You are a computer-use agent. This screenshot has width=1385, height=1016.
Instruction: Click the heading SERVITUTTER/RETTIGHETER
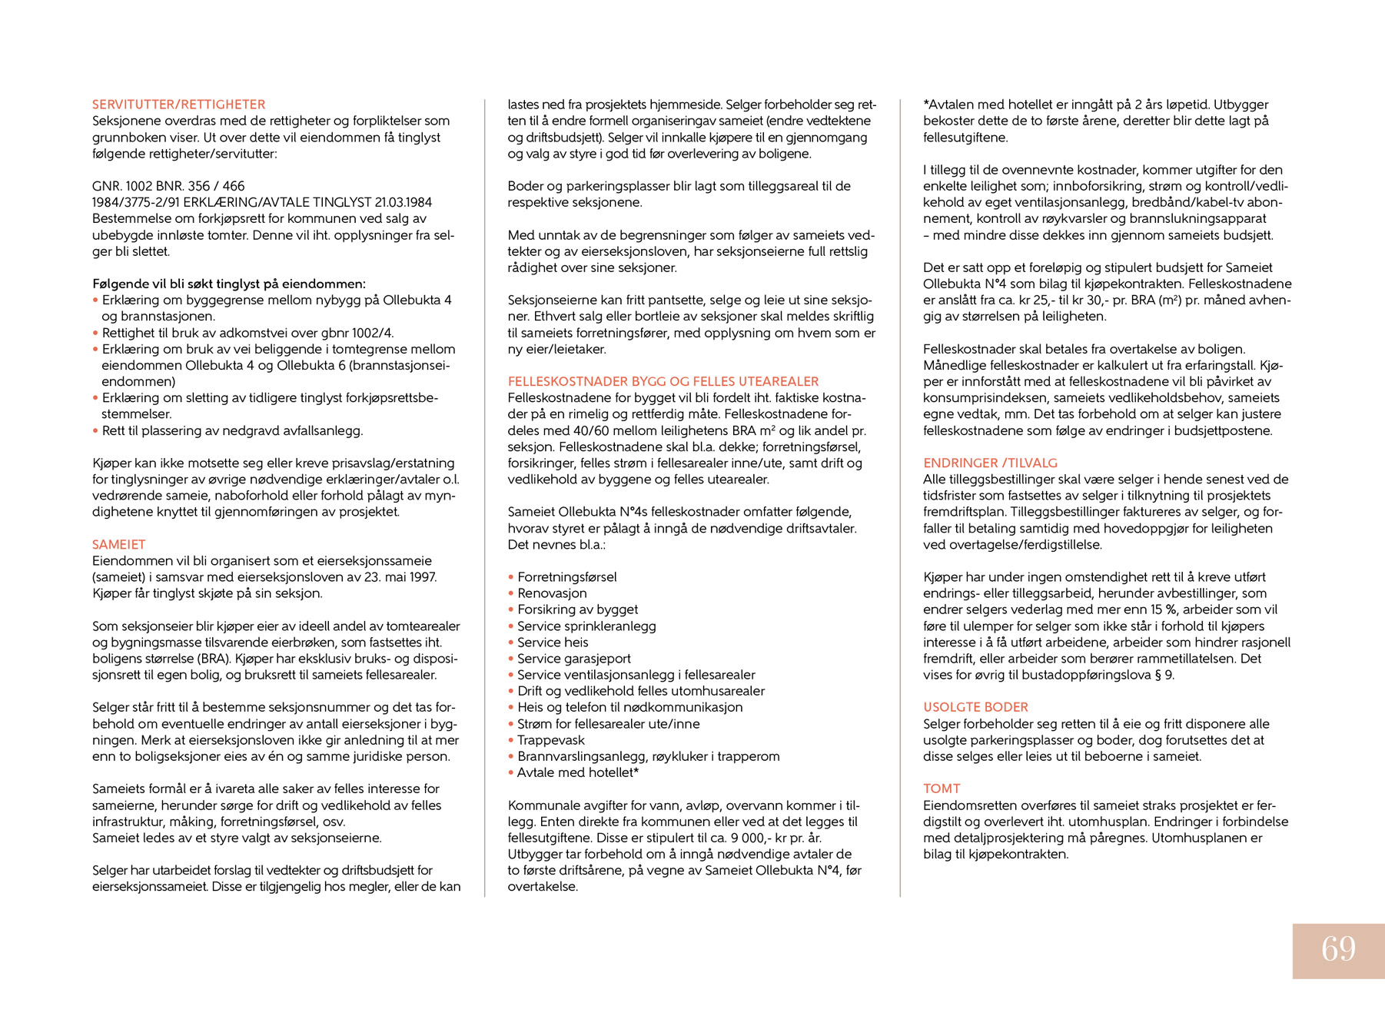178,105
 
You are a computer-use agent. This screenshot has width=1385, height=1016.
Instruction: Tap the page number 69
1338,950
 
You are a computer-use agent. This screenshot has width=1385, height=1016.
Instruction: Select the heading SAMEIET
118,544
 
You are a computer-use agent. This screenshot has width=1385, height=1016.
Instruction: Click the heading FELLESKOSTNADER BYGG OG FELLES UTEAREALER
663,381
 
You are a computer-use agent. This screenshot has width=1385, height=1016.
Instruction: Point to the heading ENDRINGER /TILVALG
990,463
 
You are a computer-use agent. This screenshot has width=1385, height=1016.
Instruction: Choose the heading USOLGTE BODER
975,707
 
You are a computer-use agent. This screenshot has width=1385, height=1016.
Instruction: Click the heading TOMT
942,789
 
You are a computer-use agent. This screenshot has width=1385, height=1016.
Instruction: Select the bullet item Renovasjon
552,593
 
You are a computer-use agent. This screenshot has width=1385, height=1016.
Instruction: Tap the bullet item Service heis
553,642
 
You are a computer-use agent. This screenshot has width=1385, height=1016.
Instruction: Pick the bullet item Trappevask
550,740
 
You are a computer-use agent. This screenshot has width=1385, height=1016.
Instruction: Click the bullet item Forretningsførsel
566,577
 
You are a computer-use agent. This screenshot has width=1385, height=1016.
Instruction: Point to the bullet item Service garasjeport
573,659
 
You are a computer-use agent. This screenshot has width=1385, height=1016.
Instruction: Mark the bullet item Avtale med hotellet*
578,772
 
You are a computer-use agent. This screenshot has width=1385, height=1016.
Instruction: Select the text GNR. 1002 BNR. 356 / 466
168,186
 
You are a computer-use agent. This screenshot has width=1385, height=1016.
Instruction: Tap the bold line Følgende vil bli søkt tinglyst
229,284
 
